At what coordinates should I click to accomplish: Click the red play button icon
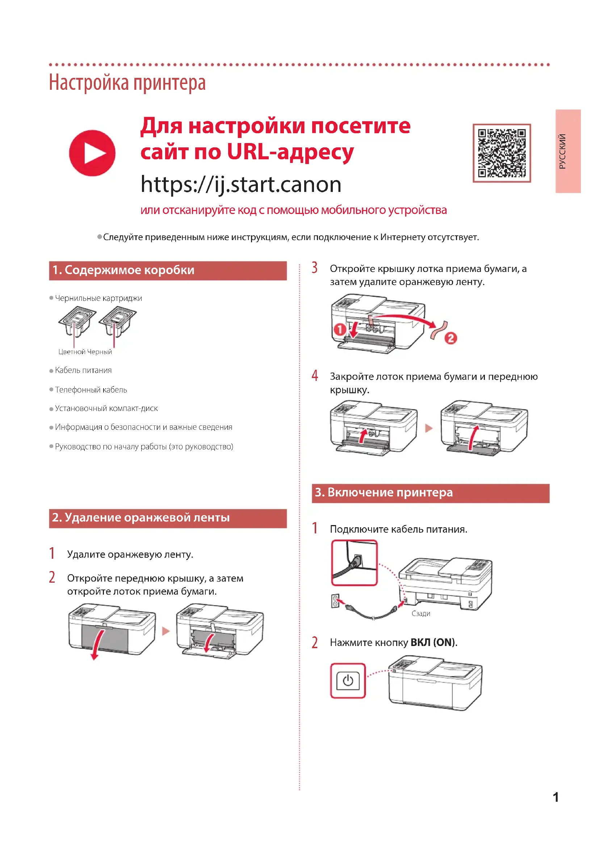92,153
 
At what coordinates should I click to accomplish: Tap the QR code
502,153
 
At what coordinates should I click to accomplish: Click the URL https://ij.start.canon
241,184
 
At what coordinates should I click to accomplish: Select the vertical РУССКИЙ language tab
568,151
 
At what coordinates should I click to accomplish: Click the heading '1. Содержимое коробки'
123,270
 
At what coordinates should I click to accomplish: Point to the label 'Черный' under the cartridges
100,352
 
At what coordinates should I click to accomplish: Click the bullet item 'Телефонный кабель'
91,390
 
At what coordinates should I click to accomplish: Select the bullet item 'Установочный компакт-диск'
106,408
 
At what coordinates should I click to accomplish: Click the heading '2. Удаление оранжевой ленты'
141,517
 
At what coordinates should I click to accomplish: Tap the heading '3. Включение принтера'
384,492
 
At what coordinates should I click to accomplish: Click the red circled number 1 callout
340,329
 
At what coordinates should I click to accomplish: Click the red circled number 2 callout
451,338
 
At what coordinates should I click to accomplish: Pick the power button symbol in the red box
348,681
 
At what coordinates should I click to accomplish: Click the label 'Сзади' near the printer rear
421,613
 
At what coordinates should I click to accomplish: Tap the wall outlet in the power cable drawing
335,601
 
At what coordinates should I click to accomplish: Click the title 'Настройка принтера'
127,83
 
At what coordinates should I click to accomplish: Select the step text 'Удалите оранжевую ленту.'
130,554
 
